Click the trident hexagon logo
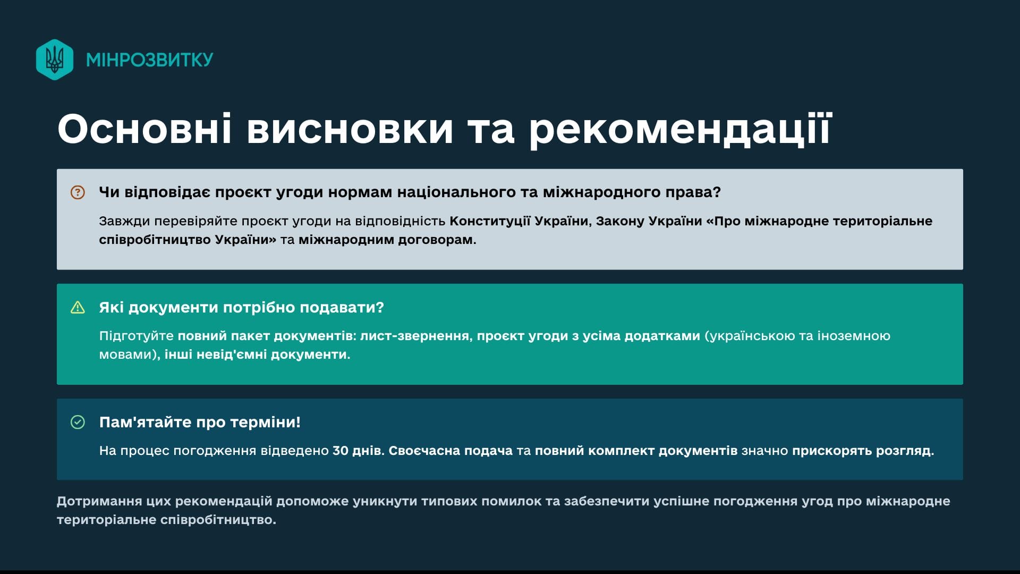pyautogui.click(x=55, y=60)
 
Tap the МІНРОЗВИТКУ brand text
pyautogui.click(x=150, y=60)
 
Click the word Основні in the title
pyautogui.click(x=144, y=129)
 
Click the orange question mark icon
pyautogui.click(x=78, y=192)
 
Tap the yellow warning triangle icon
pyautogui.click(x=78, y=308)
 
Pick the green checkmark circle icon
pyautogui.click(x=78, y=423)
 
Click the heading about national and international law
pyautogui.click(x=410, y=192)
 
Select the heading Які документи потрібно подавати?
pyautogui.click(x=242, y=308)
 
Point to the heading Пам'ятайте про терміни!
pyautogui.click(x=200, y=423)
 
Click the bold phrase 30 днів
pyautogui.click(x=358, y=451)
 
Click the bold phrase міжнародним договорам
pyautogui.click(x=387, y=240)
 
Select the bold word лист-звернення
pyautogui.click(x=416, y=336)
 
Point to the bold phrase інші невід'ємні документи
pyautogui.click(x=258, y=354)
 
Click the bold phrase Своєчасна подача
pyautogui.click(x=450, y=451)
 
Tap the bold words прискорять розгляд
pyautogui.click(x=863, y=451)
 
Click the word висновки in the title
pyautogui.click(x=350, y=129)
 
